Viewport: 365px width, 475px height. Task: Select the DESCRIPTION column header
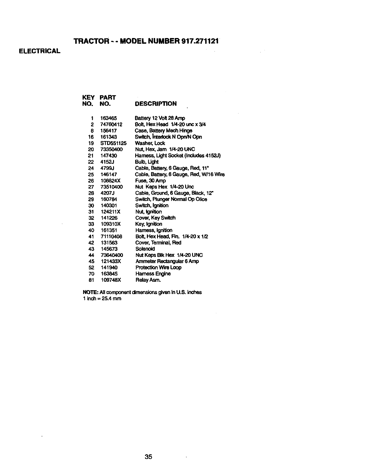pyautogui.click(x=156, y=104)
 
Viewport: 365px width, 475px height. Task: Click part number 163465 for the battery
pyautogui.click(x=109, y=118)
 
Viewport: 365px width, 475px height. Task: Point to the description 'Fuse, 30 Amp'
pyautogui.click(x=150, y=181)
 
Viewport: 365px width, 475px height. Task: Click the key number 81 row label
pyautogui.click(x=92, y=280)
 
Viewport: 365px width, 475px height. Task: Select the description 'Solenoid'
pyautogui.click(x=145, y=249)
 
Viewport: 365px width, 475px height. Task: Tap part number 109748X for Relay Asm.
pyautogui.click(x=111, y=280)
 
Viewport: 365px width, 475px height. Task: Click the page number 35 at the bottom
pyautogui.click(x=148, y=457)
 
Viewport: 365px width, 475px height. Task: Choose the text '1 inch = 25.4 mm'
pyautogui.click(x=102, y=299)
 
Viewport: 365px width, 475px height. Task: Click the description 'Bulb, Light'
pyautogui.click(x=147, y=162)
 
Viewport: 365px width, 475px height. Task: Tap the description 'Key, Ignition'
pyautogui.click(x=149, y=224)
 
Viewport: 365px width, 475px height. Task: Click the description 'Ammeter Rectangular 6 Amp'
pyautogui.click(x=167, y=261)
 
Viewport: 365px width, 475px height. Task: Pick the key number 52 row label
pyautogui.click(x=92, y=267)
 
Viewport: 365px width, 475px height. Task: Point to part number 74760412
pyautogui.click(x=112, y=124)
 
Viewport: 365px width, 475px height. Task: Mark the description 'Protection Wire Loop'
pyautogui.click(x=158, y=267)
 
